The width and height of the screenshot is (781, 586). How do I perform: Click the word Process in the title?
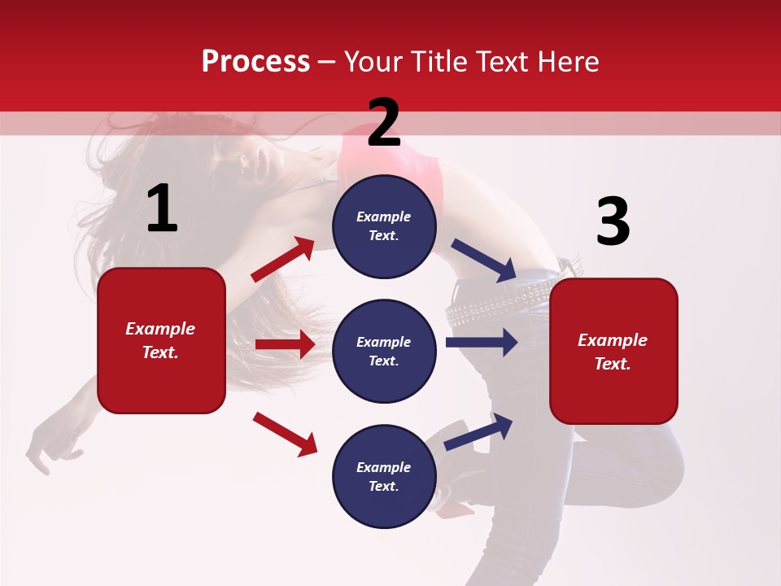pos(255,61)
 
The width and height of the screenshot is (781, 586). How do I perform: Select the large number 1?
pos(162,210)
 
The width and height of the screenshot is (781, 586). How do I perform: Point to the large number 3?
pos(613,222)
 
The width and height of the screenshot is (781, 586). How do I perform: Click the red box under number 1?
pos(161,340)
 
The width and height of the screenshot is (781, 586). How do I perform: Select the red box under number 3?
pos(613,352)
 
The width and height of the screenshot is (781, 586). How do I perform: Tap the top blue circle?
pos(384,226)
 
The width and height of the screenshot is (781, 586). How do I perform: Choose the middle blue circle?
pos(384,351)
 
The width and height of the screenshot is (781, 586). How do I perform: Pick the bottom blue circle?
pos(384,476)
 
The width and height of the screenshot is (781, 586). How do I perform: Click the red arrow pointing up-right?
pos(283,260)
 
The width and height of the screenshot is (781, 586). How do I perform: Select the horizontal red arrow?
pos(285,344)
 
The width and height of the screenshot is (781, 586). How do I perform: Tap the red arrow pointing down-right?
pos(285,433)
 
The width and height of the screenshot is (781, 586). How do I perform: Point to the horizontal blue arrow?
pos(482,342)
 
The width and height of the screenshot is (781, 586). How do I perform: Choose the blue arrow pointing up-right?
pos(478,431)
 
